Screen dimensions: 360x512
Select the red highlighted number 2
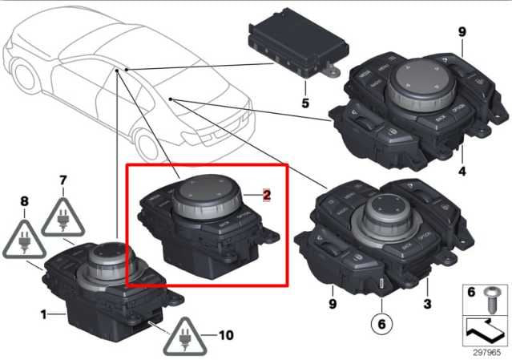(268, 194)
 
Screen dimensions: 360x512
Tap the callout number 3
(427, 304)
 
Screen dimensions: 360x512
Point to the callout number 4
(462, 170)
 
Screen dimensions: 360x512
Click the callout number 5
(304, 103)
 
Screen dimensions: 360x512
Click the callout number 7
(62, 183)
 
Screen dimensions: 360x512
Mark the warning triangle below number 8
(24, 240)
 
